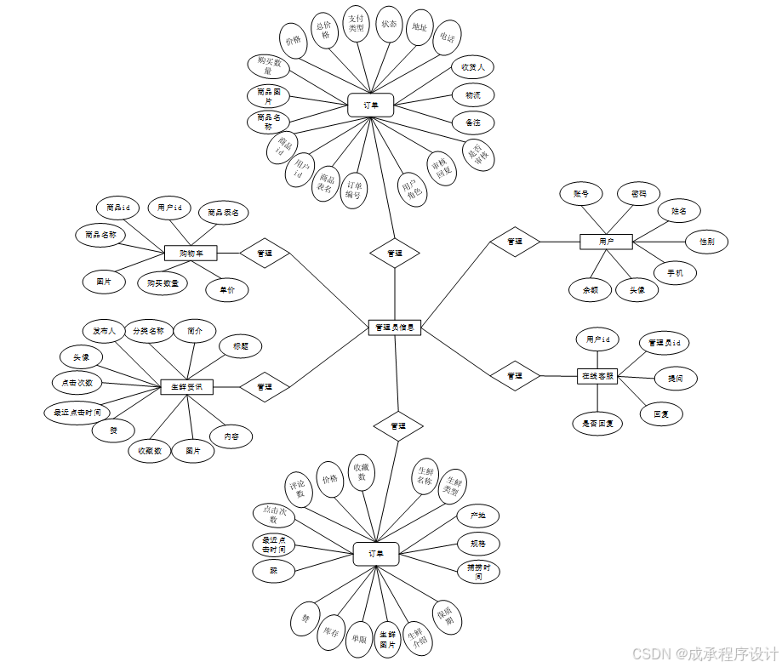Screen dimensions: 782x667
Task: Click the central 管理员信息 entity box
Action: point(395,328)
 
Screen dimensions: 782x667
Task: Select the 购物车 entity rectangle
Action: point(191,253)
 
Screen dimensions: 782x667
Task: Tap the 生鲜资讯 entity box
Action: point(187,386)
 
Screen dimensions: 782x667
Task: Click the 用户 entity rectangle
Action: point(606,242)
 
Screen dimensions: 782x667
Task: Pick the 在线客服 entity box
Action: point(597,375)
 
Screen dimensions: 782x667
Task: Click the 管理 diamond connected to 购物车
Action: point(265,253)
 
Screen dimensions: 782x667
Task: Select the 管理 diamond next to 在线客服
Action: point(515,375)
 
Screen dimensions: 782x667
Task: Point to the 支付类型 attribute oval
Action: point(357,23)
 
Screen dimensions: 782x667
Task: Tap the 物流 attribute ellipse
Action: point(472,94)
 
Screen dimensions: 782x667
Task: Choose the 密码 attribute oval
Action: point(638,194)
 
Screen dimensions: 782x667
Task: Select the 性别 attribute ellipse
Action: point(706,242)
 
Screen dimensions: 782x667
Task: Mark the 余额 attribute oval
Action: point(591,289)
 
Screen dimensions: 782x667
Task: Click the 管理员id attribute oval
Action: point(664,343)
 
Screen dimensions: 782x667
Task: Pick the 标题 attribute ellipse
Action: point(240,346)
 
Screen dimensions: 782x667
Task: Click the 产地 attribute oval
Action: point(477,516)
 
